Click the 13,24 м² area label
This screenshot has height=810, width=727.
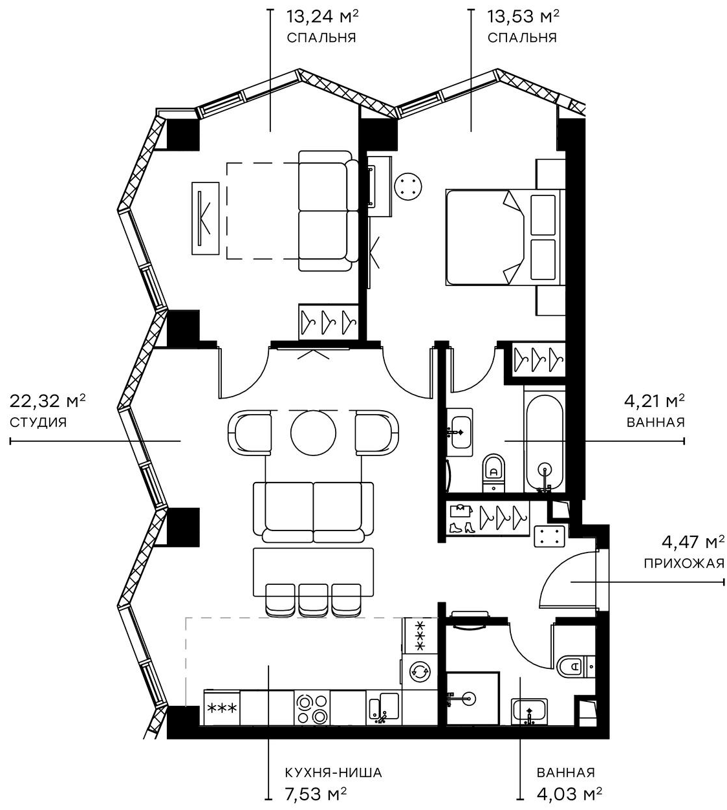click(321, 16)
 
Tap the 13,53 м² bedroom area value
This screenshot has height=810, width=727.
click(523, 16)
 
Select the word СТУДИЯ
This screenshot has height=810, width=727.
click(38, 422)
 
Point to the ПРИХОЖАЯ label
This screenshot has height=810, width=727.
click(683, 563)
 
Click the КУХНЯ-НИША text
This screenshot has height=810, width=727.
click(333, 772)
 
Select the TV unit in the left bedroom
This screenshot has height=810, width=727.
click(206, 218)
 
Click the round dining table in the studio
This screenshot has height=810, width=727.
click(314, 432)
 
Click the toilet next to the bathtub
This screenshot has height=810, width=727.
click(494, 467)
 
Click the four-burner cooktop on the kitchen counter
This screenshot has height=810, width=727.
click(312, 708)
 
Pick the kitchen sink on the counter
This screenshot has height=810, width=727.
click(384, 707)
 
